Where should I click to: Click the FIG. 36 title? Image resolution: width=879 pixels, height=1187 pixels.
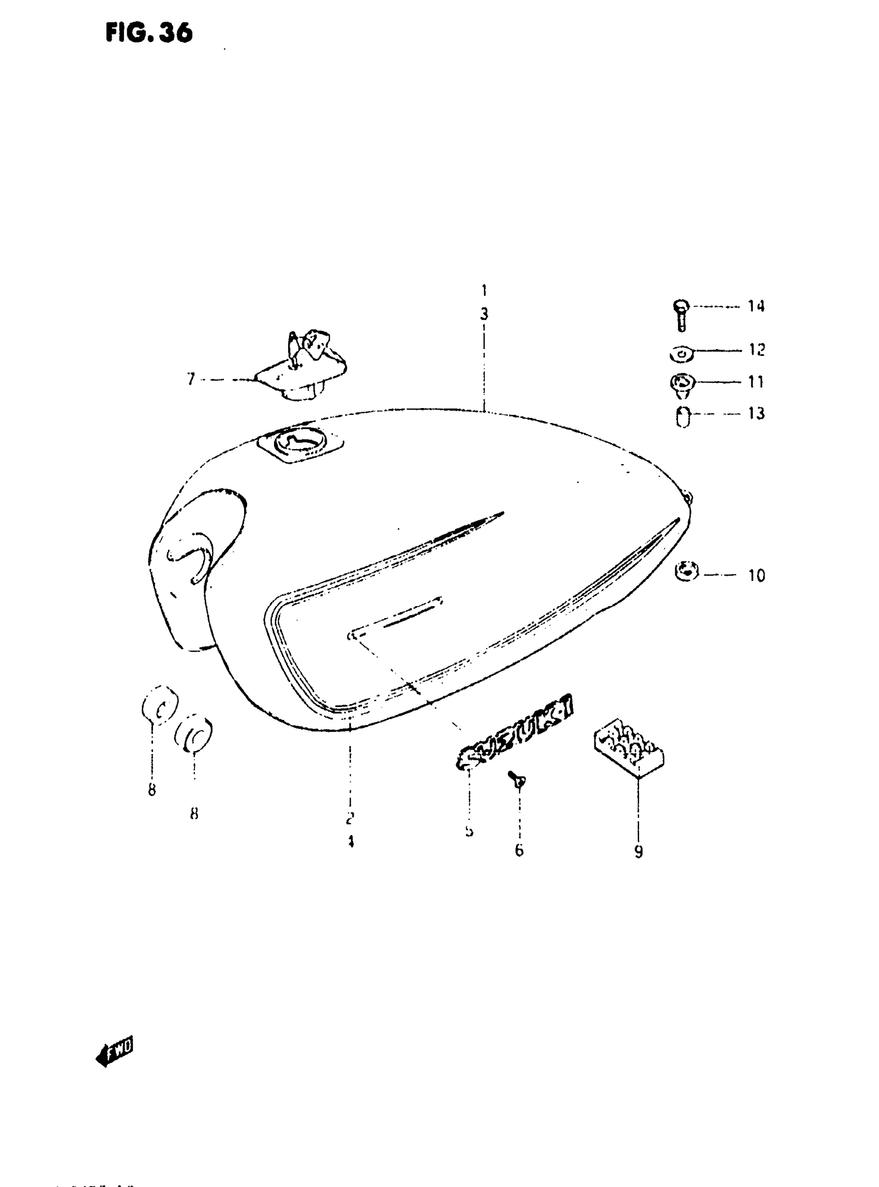click(149, 33)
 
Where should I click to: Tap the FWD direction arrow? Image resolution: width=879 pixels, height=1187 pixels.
click(115, 1051)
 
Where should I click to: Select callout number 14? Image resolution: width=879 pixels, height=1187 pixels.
click(756, 306)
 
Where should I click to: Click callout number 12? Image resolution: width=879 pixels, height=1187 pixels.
click(756, 350)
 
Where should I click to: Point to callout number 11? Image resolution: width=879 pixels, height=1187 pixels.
click(756, 382)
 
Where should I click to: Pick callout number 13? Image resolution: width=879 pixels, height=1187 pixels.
click(756, 413)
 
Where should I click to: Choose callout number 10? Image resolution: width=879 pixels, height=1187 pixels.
click(756, 576)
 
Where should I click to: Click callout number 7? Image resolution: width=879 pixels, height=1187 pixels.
click(191, 379)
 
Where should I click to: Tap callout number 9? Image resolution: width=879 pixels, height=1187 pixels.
click(639, 852)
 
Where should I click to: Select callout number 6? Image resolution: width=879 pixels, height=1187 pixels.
click(519, 851)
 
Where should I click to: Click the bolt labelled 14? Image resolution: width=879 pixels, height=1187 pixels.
click(681, 315)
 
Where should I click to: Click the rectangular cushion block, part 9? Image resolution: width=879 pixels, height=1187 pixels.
click(629, 746)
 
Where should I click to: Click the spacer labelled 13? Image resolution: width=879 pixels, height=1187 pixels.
click(683, 416)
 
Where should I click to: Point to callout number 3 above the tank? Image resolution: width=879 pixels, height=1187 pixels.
click(483, 314)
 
